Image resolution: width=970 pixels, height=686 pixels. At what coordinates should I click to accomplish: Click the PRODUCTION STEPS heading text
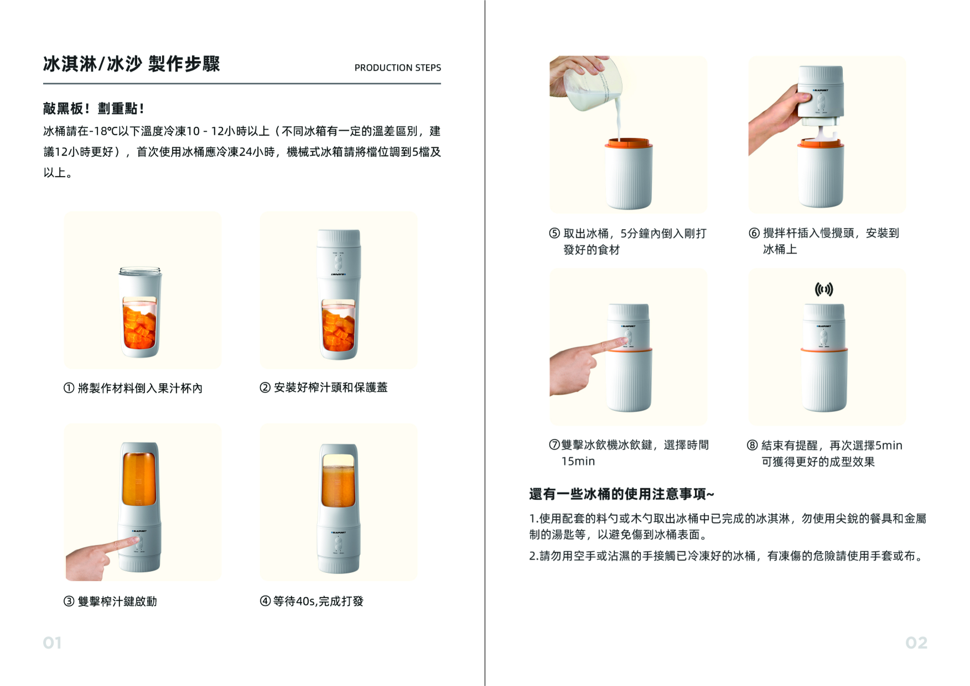tap(397, 67)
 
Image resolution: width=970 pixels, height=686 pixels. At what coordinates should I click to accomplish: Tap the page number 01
tap(52, 643)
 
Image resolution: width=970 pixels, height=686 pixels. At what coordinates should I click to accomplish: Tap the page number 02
tap(916, 643)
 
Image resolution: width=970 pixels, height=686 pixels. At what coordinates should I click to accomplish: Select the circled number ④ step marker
tap(265, 601)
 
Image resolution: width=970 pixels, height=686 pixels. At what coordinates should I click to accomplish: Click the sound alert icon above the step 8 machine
tap(824, 289)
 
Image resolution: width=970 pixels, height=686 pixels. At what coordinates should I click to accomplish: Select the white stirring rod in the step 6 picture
tap(820, 135)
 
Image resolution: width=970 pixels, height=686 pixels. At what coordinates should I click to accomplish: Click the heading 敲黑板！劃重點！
tap(93, 108)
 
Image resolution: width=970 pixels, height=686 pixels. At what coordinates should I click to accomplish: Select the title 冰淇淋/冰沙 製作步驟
tap(131, 64)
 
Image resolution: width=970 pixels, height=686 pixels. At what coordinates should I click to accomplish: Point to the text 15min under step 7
tap(578, 461)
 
